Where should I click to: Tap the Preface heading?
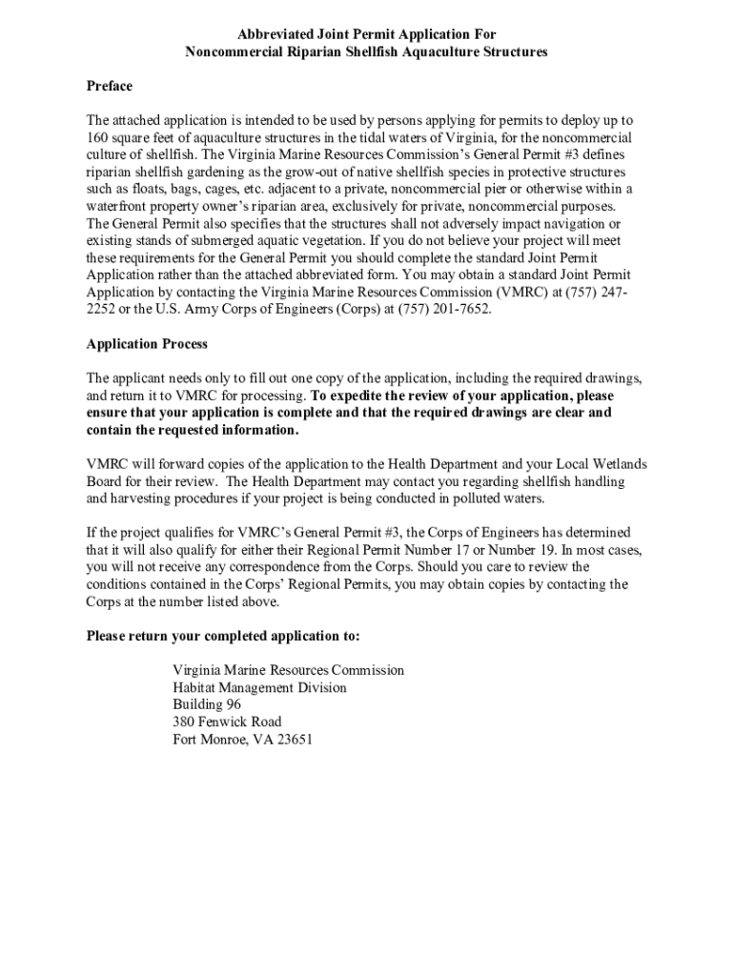110,87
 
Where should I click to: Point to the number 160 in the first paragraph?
97,138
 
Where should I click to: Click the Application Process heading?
147,344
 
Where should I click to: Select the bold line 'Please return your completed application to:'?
223,636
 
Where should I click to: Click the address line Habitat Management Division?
259,687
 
